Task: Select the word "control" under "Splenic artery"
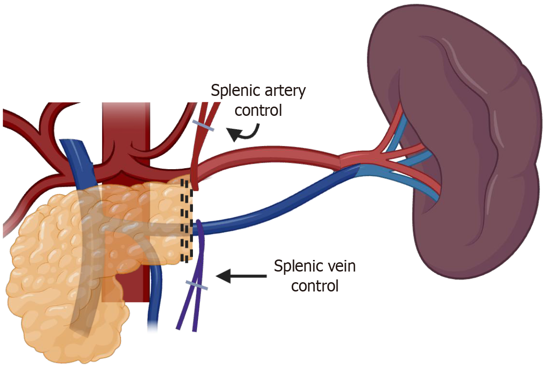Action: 258,111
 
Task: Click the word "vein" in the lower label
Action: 339,266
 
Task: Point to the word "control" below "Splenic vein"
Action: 314,285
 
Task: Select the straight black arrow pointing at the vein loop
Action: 241,276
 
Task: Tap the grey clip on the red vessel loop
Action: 203,126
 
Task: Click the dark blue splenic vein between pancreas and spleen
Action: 278,204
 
